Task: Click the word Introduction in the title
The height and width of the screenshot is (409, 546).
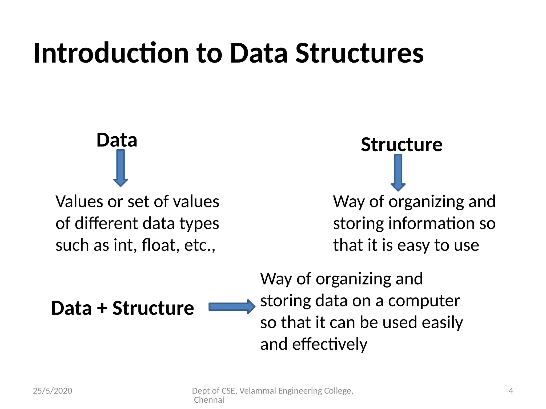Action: click(x=111, y=53)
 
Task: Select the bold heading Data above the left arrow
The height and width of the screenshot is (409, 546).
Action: click(x=117, y=140)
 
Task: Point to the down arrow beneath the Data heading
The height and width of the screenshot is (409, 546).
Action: click(x=121, y=168)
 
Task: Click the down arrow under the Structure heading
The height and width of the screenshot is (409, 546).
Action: click(x=398, y=173)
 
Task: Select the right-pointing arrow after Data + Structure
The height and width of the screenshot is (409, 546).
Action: click(x=232, y=307)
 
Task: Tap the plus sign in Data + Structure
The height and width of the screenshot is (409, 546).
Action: click(x=102, y=308)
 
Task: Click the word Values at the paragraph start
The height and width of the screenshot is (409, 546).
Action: click(x=79, y=202)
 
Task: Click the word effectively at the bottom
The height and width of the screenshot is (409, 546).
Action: click(x=330, y=344)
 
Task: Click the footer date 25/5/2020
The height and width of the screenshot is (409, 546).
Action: click(x=53, y=391)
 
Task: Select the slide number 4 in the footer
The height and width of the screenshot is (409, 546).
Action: click(x=511, y=391)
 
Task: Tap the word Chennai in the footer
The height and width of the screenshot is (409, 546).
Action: click(x=209, y=400)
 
